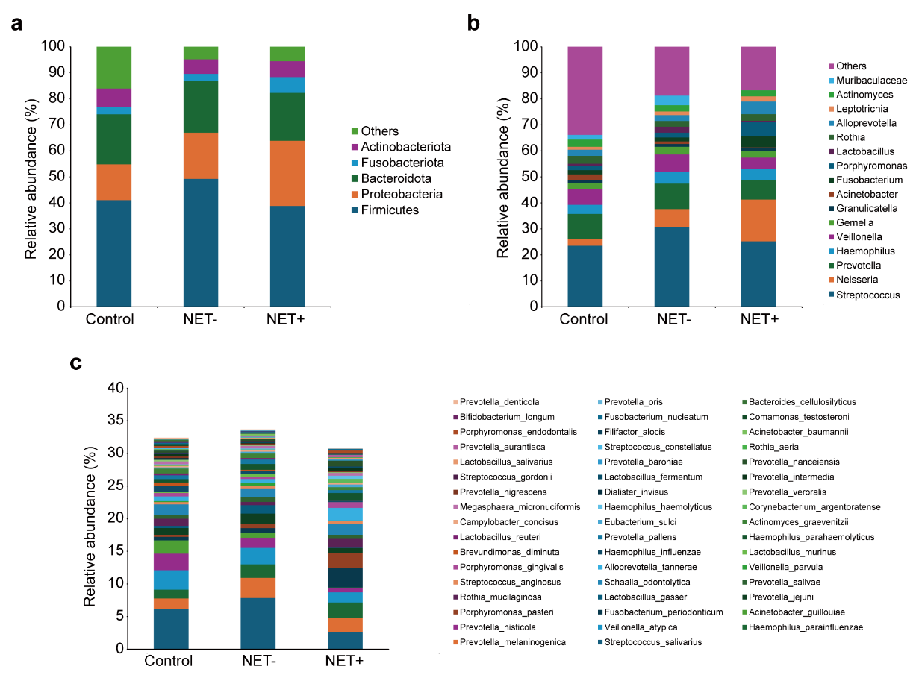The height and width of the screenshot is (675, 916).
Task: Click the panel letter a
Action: [x=16, y=24]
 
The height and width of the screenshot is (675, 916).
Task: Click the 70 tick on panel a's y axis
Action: [x=57, y=125]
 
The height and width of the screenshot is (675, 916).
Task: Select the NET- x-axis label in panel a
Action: [x=201, y=320]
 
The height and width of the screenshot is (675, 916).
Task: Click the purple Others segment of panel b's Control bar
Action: [x=585, y=90]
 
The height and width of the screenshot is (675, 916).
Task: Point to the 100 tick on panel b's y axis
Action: [x=526, y=47]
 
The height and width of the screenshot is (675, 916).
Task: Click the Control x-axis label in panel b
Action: [x=585, y=320]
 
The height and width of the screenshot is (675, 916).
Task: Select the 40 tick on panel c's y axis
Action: [x=114, y=389]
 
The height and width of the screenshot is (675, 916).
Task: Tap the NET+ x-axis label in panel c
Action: [x=344, y=661]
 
